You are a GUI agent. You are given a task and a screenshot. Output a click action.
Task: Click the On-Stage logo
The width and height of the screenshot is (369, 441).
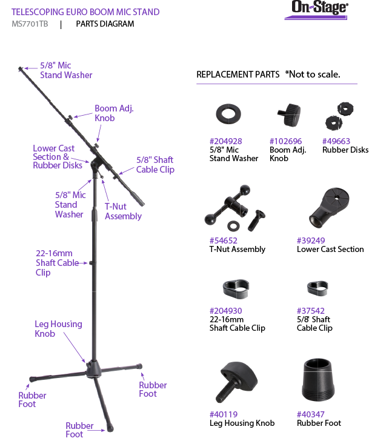(319, 9)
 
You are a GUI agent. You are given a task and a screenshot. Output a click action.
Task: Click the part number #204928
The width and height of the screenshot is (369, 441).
(225, 141)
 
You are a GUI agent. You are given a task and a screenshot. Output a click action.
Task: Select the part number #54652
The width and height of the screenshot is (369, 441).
(223, 240)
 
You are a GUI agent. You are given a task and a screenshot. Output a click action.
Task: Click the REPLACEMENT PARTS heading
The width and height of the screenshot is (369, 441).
(238, 75)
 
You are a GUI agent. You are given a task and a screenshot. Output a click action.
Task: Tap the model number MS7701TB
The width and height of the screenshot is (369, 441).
(30, 24)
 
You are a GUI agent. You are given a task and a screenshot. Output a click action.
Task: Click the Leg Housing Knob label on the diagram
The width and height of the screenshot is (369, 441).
(58, 328)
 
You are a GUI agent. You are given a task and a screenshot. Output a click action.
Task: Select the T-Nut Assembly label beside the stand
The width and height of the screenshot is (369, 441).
(123, 211)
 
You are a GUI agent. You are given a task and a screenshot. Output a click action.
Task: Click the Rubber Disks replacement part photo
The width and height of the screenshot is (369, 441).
(339, 116)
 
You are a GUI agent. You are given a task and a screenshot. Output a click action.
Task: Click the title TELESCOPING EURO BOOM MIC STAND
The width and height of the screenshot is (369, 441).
(85, 12)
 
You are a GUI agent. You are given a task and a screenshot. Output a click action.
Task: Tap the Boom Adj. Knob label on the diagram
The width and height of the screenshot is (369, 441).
(113, 113)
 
